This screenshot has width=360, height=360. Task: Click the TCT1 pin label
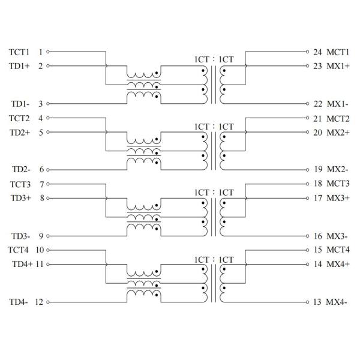tap(20, 52)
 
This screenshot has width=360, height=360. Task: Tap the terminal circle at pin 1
tap(48, 52)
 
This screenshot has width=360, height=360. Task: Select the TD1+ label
tap(20, 66)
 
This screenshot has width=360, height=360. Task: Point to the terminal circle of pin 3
tap(48, 104)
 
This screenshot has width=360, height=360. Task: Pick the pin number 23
tap(317, 66)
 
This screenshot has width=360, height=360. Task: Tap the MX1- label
tap(337, 104)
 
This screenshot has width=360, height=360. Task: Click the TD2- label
tap(20, 170)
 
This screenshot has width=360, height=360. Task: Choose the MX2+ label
tap(338, 132)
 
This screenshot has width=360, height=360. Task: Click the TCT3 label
tap(20, 184)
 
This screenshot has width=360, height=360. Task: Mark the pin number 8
tap(41, 198)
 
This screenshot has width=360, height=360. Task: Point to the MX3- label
tap(337, 236)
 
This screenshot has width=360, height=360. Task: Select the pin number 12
tap(40, 302)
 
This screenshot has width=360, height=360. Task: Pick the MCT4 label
tap(338, 250)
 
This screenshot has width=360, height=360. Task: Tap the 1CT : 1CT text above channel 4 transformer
tap(213, 258)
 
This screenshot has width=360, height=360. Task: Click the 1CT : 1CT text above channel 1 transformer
tap(213, 60)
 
